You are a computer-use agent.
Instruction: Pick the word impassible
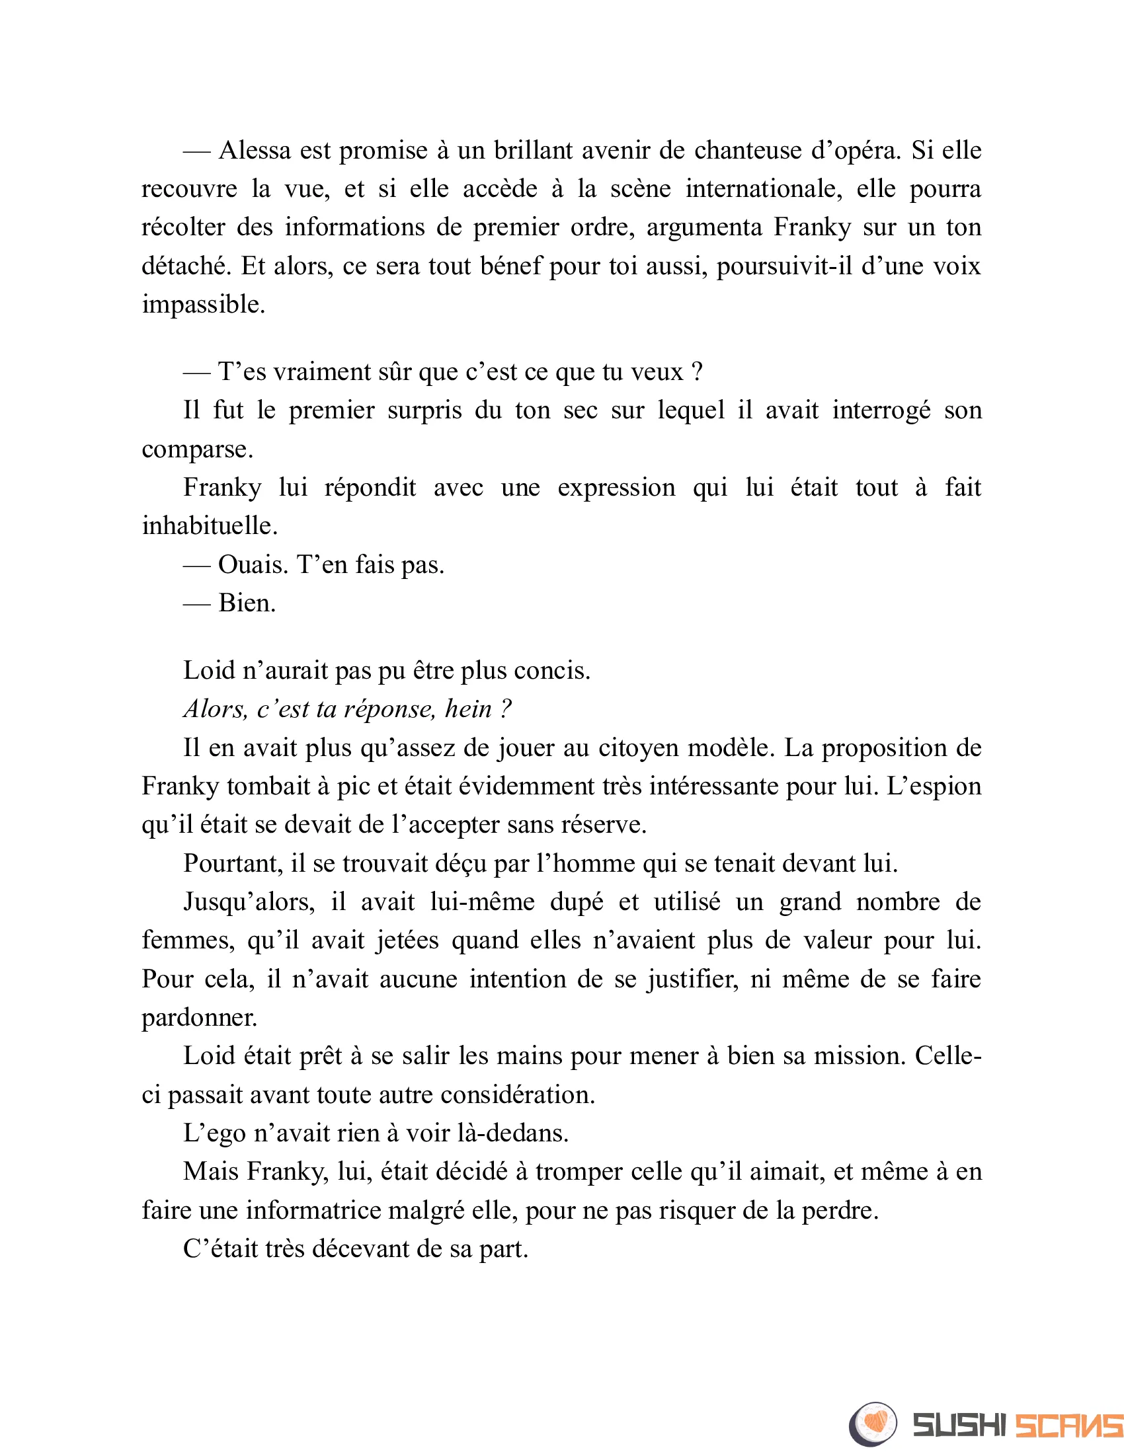(x=202, y=305)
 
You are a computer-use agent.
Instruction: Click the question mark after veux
(x=697, y=371)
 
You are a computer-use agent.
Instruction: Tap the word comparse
(x=196, y=449)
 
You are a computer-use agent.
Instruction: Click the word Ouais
(x=253, y=565)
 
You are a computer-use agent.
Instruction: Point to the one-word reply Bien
(x=247, y=603)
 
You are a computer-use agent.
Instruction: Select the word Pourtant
(x=232, y=864)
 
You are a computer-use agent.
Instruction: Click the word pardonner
(x=198, y=1018)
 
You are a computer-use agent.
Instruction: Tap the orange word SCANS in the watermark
(x=1067, y=1425)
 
